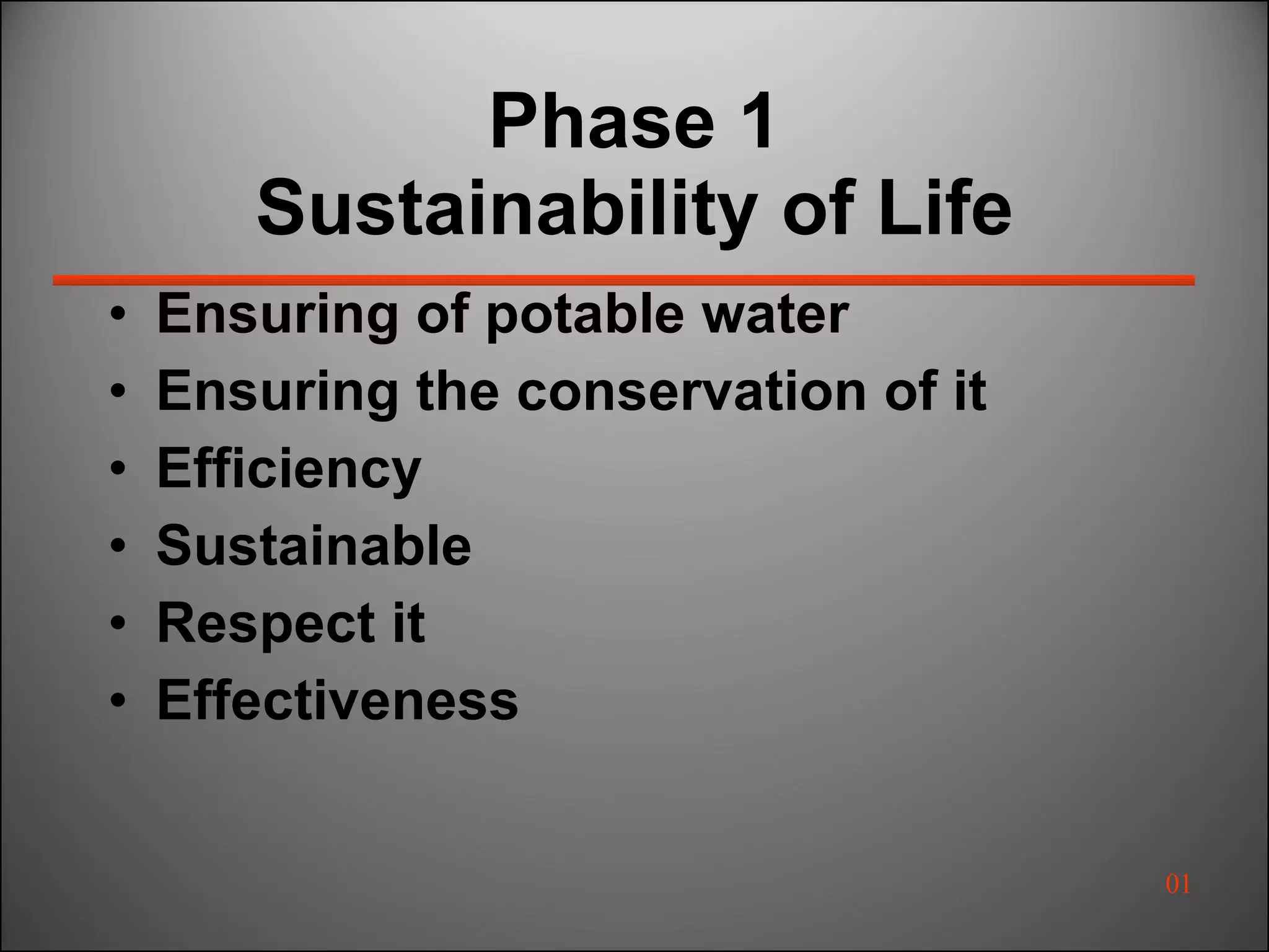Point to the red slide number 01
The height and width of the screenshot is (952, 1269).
(x=1177, y=884)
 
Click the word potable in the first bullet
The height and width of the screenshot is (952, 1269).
(x=584, y=315)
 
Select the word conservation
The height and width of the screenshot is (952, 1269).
(x=691, y=391)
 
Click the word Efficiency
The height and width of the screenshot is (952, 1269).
(x=289, y=469)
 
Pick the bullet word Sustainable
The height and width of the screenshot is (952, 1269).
(x=314, y=545)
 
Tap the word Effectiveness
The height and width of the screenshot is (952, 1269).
(x=337, y=700)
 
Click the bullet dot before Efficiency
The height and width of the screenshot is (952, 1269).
(x=118, y=469)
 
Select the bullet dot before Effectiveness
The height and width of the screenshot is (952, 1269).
(x=118, y=700)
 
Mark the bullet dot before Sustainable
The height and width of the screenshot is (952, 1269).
(x=118, y=546)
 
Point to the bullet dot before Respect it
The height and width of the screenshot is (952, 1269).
(x=118, y=623)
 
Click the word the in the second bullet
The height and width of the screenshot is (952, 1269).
(x=457, y=391)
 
